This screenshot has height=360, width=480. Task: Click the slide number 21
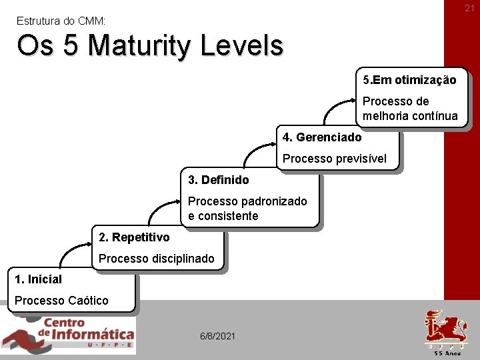(469, 8)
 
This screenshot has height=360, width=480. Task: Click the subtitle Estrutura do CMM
(61, 21)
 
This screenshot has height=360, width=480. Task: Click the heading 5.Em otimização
(409, 80)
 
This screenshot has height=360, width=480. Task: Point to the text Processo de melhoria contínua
(409, 109)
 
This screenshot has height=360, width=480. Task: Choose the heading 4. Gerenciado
(322, 137)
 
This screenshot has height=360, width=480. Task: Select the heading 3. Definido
(218, 180)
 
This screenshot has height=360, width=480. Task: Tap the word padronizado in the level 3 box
(274, 201)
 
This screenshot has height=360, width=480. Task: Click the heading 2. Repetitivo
(134, 237)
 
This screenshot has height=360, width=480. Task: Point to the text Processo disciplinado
(157, 259)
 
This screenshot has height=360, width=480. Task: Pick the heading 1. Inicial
(38, 279)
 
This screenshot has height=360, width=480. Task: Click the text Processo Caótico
(61, 301)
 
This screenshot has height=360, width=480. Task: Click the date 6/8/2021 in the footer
(217, 336)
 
